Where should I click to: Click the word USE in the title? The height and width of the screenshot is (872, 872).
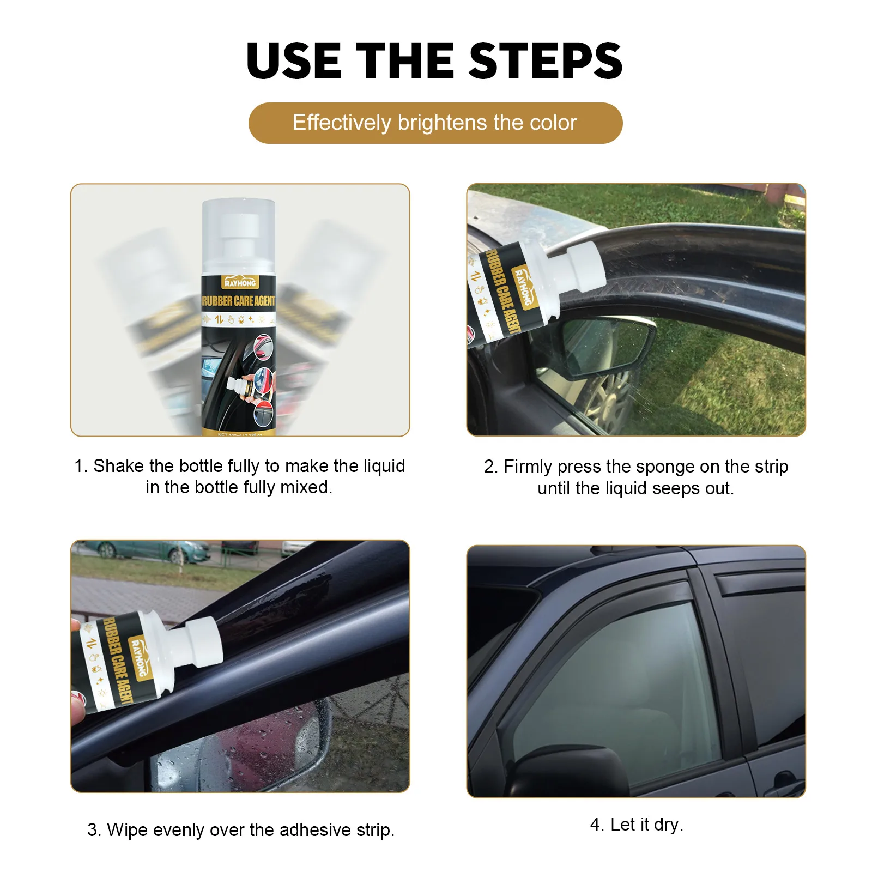(294, 61)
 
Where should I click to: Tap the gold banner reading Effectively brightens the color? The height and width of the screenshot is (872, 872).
(435, 123)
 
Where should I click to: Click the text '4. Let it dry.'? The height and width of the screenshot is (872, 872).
(636, 825)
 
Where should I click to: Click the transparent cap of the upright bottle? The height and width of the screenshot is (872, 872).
(238, 234)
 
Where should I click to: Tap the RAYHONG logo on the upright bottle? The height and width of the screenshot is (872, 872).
(240, 282)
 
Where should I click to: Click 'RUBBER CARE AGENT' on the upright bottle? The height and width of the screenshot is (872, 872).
(239, 301)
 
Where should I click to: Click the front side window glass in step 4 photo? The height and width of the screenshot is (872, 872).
(616, 687)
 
